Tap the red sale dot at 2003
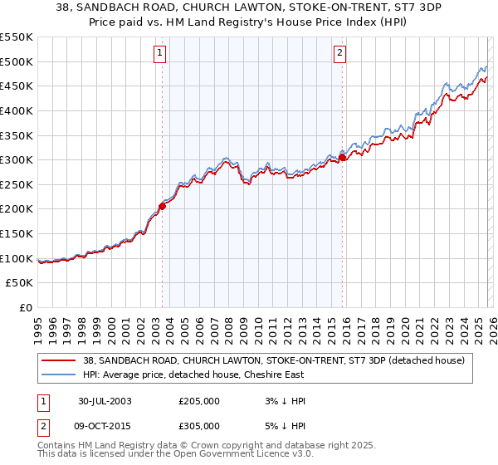[163, 207]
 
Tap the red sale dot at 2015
[342, 157]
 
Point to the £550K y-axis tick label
[17, 37]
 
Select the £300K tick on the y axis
[17, 159]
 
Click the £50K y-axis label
[20, 283]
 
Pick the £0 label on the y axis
[26, 308]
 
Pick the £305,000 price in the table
[199, 425]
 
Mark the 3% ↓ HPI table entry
[284, 401]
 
